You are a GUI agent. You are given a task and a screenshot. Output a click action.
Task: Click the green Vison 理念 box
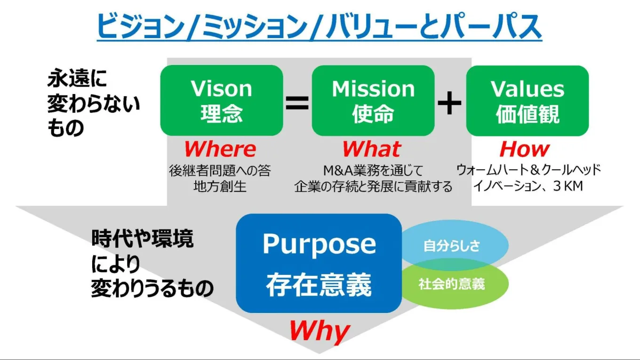coord(221,100)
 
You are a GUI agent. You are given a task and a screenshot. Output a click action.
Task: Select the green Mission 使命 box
coord(373,100)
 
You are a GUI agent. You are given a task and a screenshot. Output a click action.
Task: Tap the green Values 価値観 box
coord(527,100)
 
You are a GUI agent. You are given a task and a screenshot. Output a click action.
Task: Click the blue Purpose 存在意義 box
coord(319,264)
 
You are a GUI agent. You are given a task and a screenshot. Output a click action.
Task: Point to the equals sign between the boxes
coord(297,103)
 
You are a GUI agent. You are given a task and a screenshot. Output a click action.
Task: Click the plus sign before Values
coord(449,103)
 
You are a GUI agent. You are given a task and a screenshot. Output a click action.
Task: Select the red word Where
coord(220,149)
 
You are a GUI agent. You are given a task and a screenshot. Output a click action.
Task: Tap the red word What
coord(371,149)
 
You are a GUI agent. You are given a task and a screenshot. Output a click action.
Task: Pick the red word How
coord(524,149)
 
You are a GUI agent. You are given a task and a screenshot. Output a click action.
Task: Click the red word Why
coord(319,331)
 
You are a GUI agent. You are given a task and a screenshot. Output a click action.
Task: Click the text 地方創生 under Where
coord(220,186)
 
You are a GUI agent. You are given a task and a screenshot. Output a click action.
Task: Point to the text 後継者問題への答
coord(220,170)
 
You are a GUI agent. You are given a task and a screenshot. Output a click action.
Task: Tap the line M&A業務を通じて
coord(373,170)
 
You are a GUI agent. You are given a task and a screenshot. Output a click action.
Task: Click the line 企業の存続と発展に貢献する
coord(373,186)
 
